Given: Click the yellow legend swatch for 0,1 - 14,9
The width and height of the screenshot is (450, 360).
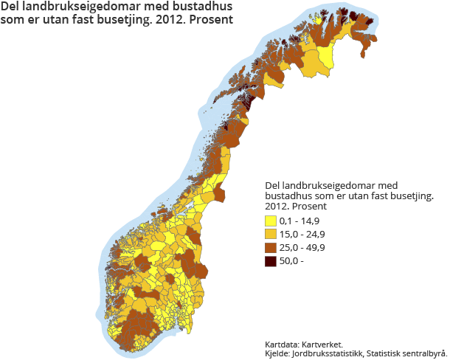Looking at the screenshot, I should pyautogui.click(x=271, y=221).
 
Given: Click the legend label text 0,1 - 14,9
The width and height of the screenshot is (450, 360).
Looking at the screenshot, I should pyautogui.click(x=300, y=221).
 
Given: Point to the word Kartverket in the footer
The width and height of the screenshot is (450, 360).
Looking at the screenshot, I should pyautogui.click(x=325, y=345).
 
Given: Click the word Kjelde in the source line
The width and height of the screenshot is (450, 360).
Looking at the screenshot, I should pyautogui.click(x=278, y=353).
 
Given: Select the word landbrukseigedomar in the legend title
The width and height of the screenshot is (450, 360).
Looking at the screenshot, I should pyautogui.click(x=332, y=185).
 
